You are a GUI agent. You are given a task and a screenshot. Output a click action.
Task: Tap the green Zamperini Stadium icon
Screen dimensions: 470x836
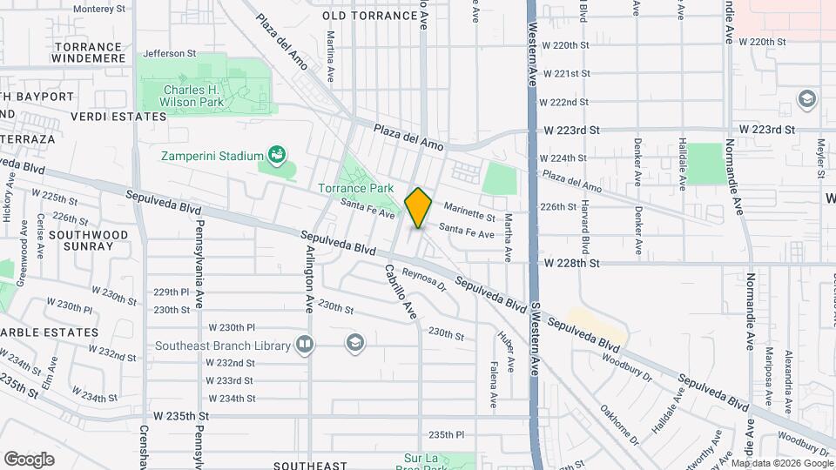[x=278, y=156]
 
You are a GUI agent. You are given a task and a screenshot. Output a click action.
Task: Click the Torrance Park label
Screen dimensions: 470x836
[x=355, y=188]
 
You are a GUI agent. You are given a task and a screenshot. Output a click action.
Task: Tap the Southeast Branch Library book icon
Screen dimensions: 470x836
[x=304, y=346]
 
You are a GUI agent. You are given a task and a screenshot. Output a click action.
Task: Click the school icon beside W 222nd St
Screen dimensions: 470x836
[x=806, y=98]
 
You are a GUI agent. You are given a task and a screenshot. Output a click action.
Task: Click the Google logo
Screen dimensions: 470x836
[x=30, y=459]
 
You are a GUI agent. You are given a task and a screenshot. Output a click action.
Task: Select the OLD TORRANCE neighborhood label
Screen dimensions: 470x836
[x=360, y=16]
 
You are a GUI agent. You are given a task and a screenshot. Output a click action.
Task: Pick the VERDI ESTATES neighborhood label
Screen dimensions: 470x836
[x=118, y=116]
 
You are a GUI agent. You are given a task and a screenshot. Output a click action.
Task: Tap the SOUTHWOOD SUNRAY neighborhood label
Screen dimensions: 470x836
[x=81, y=240]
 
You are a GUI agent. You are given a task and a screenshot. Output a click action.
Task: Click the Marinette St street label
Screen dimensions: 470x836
[x=469, y=212]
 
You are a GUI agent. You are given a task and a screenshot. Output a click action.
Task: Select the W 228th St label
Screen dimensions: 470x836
[x=572, y=262]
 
